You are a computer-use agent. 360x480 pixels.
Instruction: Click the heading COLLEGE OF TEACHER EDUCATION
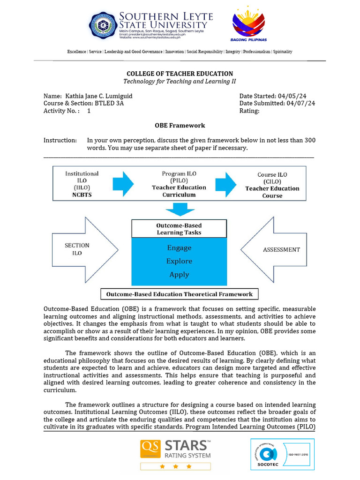(x=180, y=74)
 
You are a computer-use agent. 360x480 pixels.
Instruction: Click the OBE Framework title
(x=180, y=126)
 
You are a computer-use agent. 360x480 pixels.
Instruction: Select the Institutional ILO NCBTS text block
(x=82, y=184)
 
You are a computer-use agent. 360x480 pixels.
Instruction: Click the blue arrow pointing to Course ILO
(x=225, y=183)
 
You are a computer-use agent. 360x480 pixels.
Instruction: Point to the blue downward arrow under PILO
(x=180, y=209)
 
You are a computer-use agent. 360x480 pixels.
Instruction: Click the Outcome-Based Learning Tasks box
(x=179, y=229)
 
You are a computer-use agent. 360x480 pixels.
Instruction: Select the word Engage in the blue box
(x=179, y=247)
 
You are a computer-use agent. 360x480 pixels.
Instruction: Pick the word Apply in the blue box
(x=179, y=275)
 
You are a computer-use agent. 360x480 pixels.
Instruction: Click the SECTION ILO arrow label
(x=77, y=249)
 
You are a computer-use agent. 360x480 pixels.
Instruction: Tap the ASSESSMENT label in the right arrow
(x=281, y=249)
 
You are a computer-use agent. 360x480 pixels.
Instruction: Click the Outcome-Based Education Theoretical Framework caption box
(x=180, y=294)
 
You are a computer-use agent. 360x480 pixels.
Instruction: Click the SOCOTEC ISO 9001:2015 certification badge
(x=282, y=454)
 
